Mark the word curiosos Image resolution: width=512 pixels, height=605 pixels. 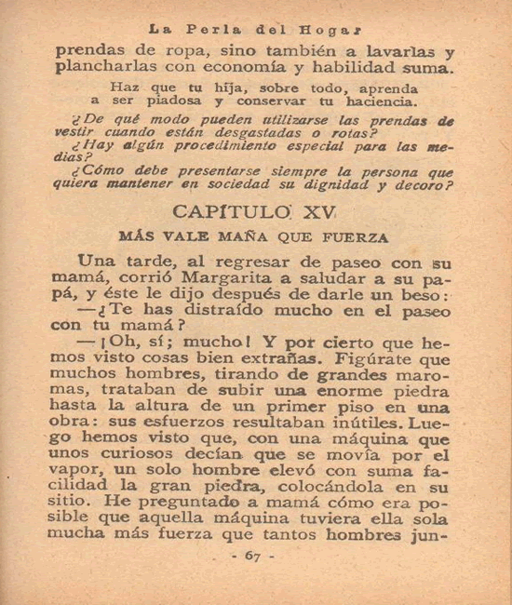coord(131,455)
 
